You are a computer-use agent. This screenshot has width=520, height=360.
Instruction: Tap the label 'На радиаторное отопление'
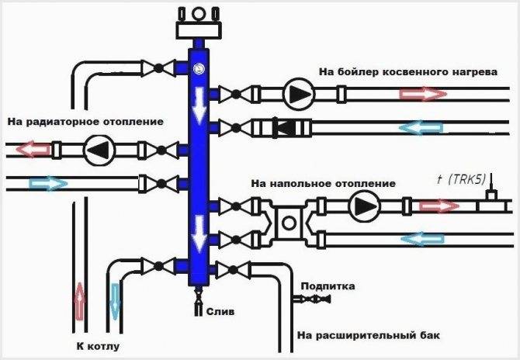pyautogui.click(x=85, y=122)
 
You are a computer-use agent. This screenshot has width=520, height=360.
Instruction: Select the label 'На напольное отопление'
pyautogui.click(x=323, y=184)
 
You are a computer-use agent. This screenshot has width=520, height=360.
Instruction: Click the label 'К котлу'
pyautogui.click(x=97, y=345)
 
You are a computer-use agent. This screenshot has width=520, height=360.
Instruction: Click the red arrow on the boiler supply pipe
pyautogui.click(x=423, y=95)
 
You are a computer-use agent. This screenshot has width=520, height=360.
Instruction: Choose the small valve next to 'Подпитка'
pyautogui.click(x=318, y=299)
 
